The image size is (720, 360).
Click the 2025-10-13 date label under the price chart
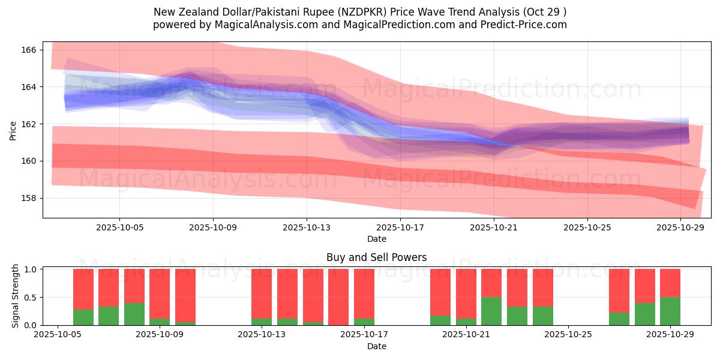coord(307,227)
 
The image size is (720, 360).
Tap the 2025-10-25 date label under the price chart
coord(587,227)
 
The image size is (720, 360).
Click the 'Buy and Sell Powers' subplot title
coord(376,257)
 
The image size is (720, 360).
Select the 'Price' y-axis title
coord(13,130)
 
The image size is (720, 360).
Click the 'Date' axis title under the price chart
coord(376,239)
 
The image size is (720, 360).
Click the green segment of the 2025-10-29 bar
coord(670,311)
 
